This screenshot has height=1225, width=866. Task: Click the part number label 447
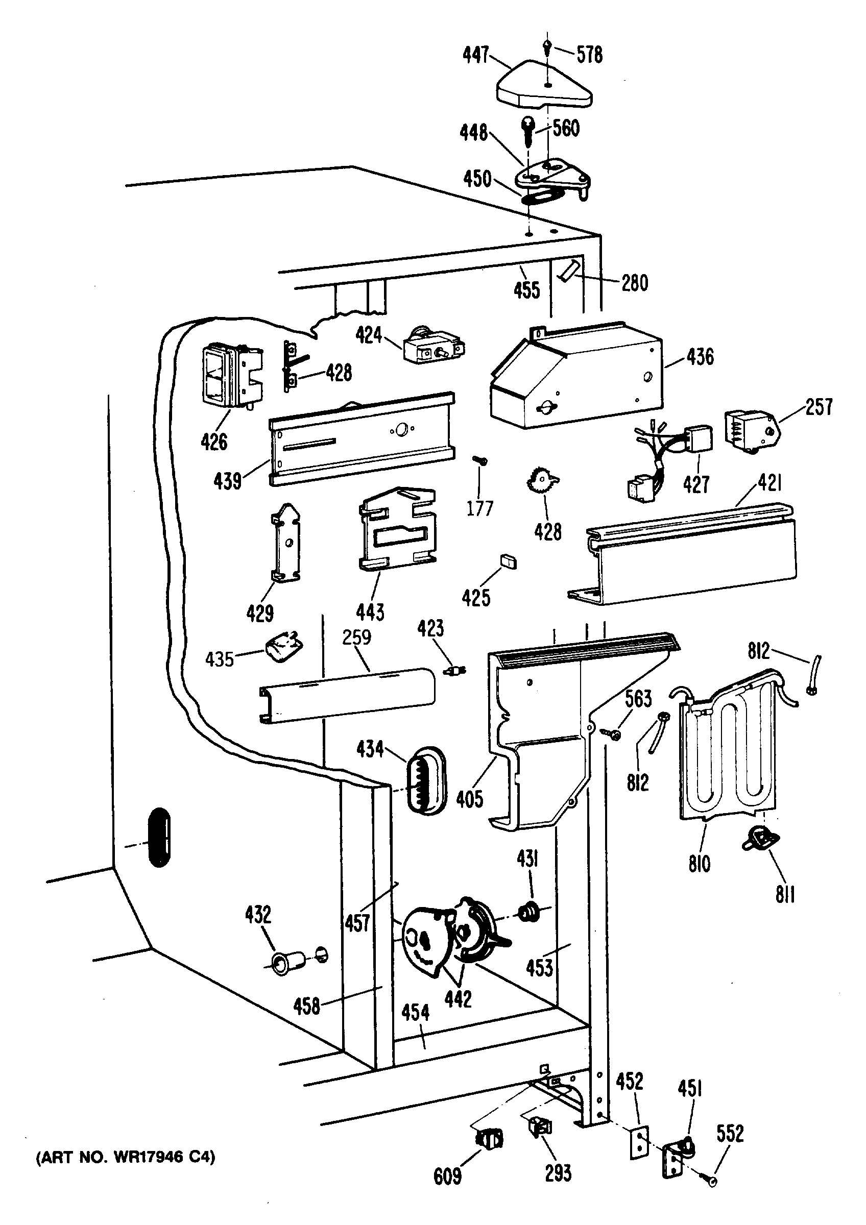pos(476,55)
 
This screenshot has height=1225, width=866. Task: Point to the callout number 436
pos(700,356)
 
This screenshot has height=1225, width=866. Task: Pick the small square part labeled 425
pos(508,562)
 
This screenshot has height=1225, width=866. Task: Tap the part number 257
pos(819,407)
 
